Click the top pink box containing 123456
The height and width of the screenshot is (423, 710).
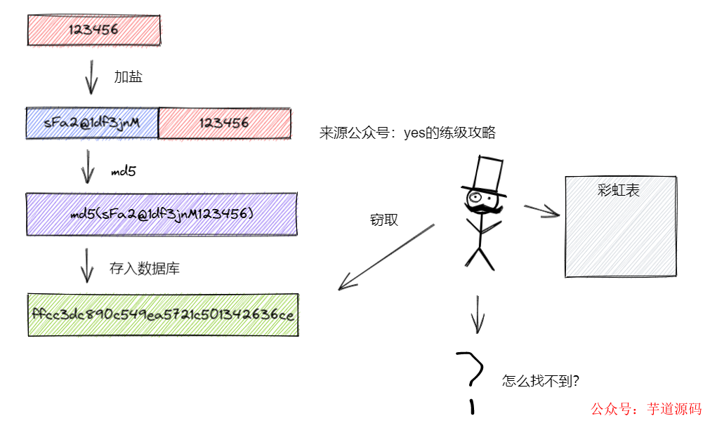(93, 29)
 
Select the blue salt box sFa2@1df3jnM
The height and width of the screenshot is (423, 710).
(92, 123)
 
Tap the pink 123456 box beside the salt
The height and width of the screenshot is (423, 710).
(224, 123)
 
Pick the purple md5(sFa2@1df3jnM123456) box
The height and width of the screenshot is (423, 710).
(161, 213)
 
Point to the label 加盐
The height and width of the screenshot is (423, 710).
(129, 77)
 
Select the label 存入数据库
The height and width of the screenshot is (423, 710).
(145, 268)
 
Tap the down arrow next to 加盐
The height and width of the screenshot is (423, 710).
(91, 77)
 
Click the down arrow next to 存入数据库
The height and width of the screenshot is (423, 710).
(87, 265)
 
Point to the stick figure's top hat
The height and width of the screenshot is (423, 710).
(485, 175)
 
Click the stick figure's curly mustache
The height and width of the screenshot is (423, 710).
(485, 209)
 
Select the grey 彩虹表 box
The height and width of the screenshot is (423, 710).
(620, 226)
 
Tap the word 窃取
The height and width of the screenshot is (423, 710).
(384, 220)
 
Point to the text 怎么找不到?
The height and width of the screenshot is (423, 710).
(541, 381)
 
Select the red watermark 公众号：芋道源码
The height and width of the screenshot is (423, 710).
(646, 409)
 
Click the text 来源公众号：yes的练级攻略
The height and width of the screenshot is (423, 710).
(407, 133)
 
